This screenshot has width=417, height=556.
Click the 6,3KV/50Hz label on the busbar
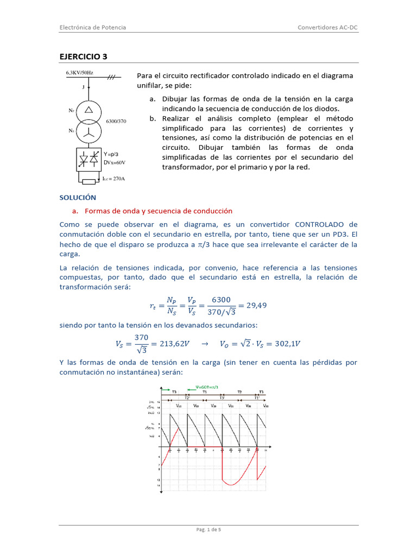(x=79, y=72)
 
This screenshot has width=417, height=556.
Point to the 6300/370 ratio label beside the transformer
(x=116, y=121)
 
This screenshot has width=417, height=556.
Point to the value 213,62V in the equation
(x=170, y=344)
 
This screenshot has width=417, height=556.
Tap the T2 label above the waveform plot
(x=239, y=391)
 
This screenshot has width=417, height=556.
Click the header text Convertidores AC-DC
(x=328, y=27)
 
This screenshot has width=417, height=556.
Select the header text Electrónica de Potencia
(x=92, y=27)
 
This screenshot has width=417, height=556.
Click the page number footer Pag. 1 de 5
(x=208, y=530)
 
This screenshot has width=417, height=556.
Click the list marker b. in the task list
(x=153, y=118)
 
